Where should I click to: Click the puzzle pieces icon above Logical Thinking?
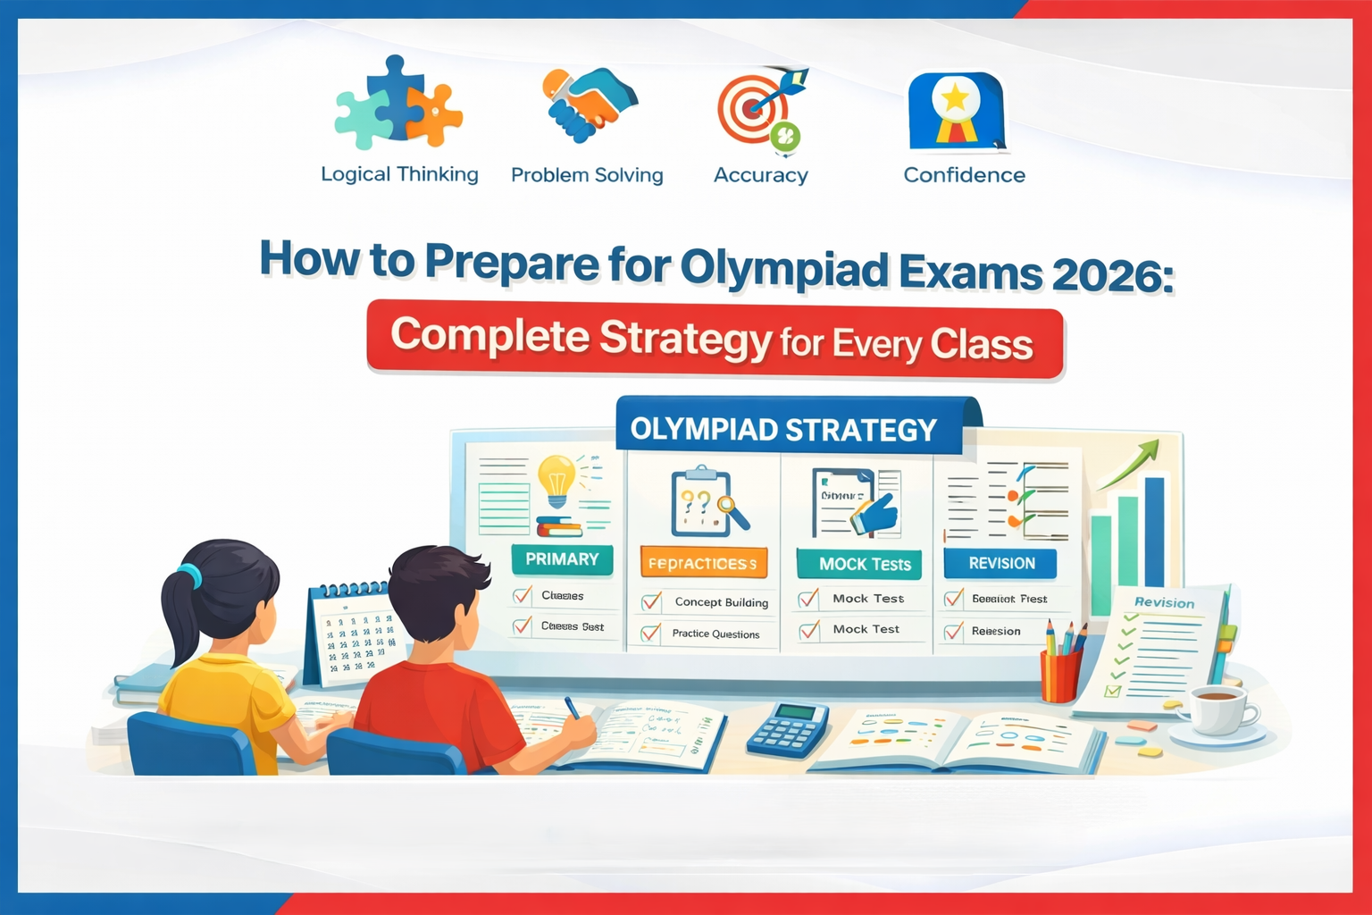coord(398,104)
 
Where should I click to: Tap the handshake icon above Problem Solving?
coord(589,104)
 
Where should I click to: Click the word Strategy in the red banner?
coord(685,339)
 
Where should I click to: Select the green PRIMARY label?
coord(562,559)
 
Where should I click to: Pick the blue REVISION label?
coord(1000,564)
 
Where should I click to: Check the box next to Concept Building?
coord(652,602)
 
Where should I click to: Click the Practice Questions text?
coord(715,634)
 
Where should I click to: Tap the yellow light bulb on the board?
coord(556,479)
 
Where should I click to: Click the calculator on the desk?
coord(788,728)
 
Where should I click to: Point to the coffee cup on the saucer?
coord(1217,710)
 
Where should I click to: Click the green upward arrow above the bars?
coord(1131,464)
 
